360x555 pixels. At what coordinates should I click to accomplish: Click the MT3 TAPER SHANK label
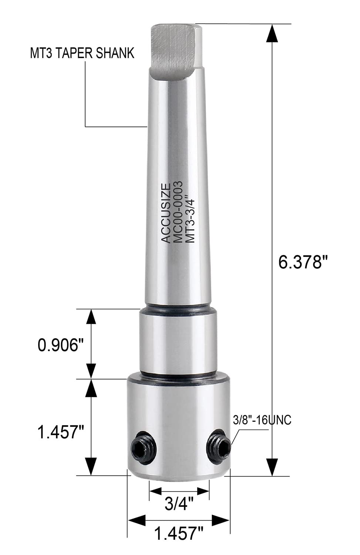pos(82,53)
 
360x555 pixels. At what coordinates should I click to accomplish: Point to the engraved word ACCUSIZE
pos(166,213)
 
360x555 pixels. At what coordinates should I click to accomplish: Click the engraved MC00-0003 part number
pos(178,212)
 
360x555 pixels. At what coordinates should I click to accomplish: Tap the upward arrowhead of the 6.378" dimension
pos(273,34)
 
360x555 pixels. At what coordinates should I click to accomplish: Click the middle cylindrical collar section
pos(177,340)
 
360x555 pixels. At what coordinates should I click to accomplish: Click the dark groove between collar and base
pos(177,374)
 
